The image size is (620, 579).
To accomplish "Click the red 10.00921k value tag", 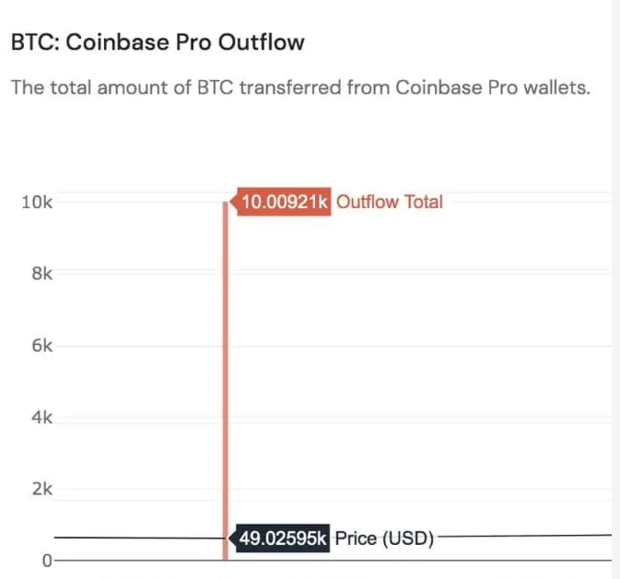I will tap(284, 202).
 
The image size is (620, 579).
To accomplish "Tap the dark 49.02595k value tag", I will tap(283, 538).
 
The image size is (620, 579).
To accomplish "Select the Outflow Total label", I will tap(390, 202).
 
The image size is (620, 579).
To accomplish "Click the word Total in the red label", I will tap(422, 202).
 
